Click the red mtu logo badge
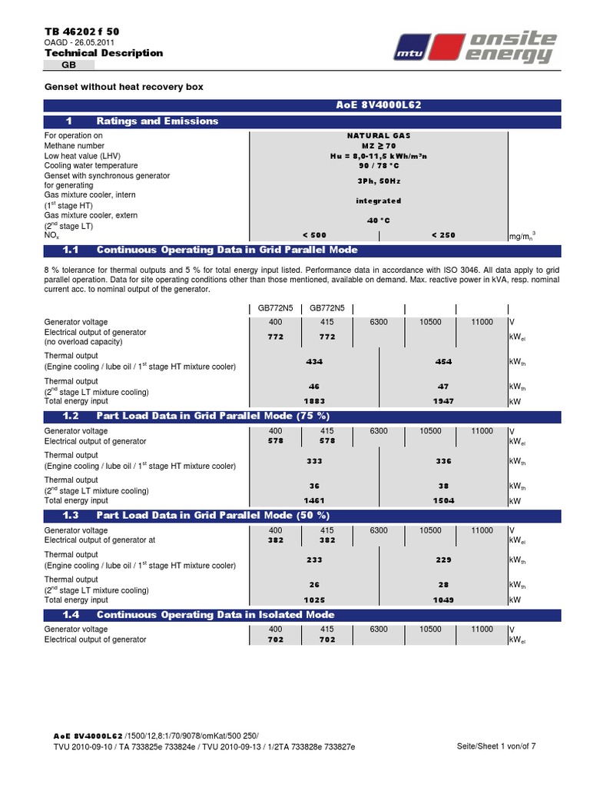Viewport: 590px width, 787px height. pos(413,51)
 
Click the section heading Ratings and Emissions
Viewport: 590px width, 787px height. pos(157,121)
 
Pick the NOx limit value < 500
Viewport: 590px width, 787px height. pos(314,234)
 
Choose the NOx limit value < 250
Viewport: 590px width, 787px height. pos(443,234)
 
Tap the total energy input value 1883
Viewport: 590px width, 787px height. pos(314,400)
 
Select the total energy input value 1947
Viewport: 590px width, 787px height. pos(443,400)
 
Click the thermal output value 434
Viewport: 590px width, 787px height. pos(314,360)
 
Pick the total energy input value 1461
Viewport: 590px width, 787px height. pos(314,500)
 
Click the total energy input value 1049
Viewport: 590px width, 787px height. pos(443,599)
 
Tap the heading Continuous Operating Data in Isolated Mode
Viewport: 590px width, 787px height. pos(215,614)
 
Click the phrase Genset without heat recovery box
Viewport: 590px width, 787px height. pos(124,87)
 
